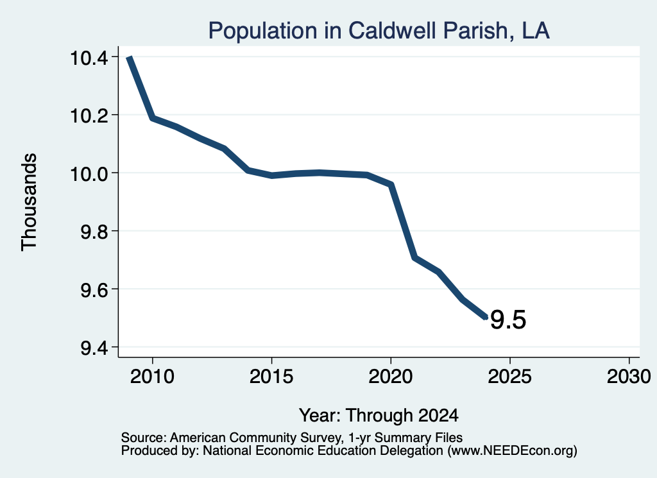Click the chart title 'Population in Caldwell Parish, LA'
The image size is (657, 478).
tap(379, 31)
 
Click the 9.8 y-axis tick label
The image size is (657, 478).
tap(94, 231)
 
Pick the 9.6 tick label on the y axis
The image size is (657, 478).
tap(94, 289)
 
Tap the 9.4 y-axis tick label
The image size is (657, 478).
tap(94, 348)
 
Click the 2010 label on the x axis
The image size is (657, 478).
tap(152, 376)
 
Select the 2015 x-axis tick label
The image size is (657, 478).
tap(271, 376)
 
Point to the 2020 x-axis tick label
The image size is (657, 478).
tap(391, 376)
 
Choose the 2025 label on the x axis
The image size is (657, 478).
tap(510, 376)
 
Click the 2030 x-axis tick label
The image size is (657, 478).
tap(629, 376)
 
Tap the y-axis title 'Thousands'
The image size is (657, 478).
tap(29, 202)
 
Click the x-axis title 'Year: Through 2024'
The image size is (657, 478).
tap(379, 415)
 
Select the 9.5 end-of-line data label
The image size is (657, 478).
tap(508, 320)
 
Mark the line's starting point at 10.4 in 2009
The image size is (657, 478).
tap(130, 57)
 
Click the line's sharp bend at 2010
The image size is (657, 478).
tap(153, 119)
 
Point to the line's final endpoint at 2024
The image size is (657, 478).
tap(486, 318)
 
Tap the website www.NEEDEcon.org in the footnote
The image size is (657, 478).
tap(513, 451)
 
